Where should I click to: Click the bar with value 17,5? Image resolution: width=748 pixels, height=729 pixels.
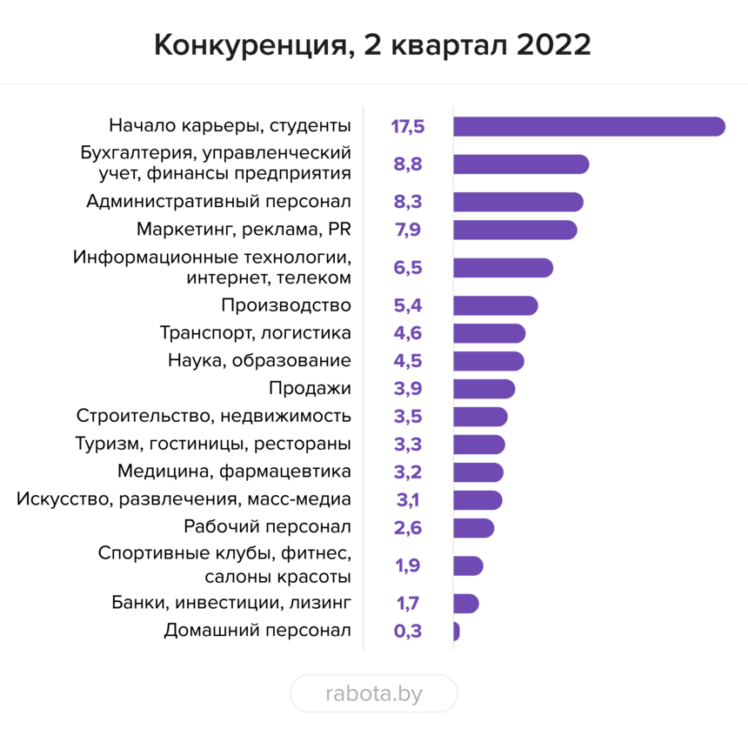click(590, 126)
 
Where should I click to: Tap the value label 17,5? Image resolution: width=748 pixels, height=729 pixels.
click(408, 127)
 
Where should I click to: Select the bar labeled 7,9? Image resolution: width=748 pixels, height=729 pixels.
click(516, 230)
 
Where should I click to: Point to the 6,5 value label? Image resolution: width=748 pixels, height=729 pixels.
click(408, 268)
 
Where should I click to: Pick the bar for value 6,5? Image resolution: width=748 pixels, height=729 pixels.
click(504, 268)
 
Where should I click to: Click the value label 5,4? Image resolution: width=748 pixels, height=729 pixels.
click(408, 306)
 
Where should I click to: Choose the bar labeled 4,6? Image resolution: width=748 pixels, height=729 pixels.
click(490, 333)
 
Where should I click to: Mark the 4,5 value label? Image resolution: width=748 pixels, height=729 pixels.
click(408, 361)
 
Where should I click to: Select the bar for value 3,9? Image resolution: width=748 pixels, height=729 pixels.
click(484, 389)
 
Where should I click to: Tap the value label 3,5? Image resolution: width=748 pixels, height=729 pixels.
click(408, 417)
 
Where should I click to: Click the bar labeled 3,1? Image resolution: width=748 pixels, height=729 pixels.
click(478, 500)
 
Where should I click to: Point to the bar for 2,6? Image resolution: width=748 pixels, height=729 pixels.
click(474, 528)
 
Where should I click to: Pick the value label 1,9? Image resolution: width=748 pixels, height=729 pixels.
click(408, 566)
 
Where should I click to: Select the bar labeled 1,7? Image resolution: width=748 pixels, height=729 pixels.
click(467, 604)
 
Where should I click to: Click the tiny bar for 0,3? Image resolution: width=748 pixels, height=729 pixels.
click(457, 632)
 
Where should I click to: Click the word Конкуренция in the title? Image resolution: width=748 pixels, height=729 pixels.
click(250, 46)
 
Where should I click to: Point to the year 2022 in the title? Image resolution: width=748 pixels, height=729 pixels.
click(553, 46)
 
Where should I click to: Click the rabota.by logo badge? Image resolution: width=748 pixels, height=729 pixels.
click(374, 693)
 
